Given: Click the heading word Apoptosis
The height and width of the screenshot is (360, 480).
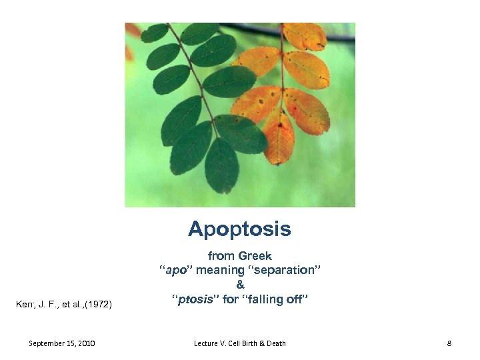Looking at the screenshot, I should [x=239, y=229].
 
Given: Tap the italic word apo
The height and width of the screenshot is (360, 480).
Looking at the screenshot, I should [x=175, y=271].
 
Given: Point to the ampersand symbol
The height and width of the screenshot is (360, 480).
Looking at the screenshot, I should [x=240, y=285].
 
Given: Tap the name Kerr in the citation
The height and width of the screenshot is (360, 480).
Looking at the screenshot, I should [x=24, y=305].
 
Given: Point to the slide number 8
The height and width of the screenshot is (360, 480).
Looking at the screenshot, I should [x=449, y=343].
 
